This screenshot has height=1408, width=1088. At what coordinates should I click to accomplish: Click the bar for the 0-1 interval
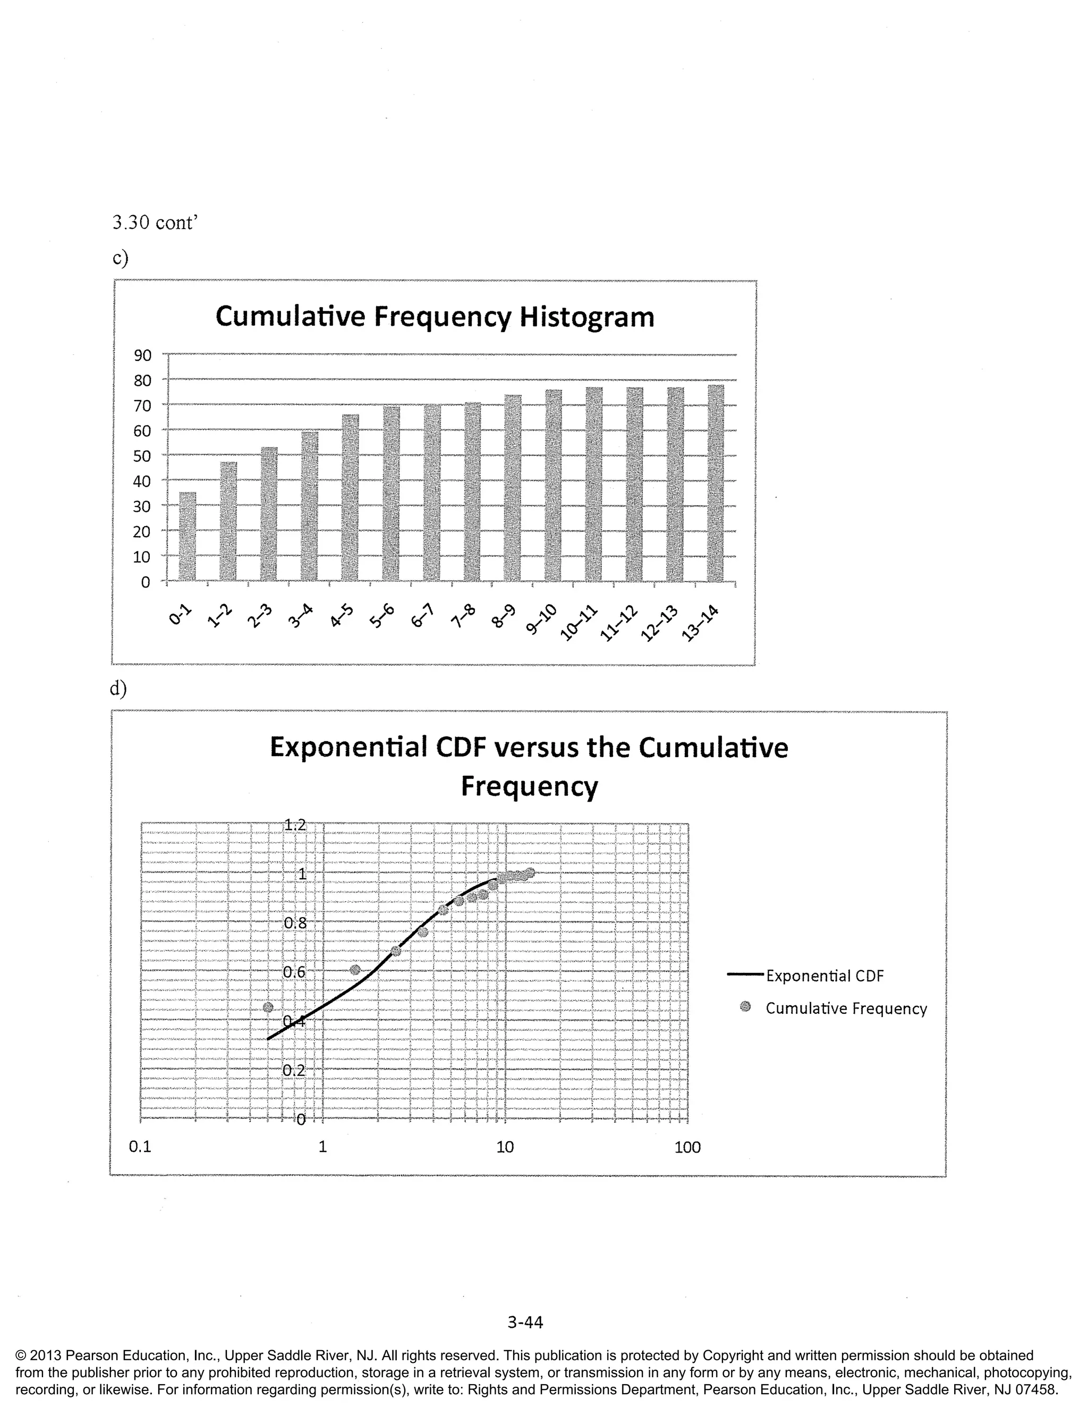point(187,537)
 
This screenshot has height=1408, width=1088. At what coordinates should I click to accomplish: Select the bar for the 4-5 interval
point(350,498)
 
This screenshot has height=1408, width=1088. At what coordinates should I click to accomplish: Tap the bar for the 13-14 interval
point(716,483)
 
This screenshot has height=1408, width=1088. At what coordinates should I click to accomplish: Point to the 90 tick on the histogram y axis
point(142,355)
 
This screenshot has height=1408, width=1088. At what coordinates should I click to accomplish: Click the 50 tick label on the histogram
point(142,456)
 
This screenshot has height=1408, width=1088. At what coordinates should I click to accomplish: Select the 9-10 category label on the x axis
point(541,621)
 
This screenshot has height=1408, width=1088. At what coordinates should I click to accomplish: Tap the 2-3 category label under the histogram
point(261,617)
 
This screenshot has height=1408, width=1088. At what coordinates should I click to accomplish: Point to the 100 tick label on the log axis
point(687,1148)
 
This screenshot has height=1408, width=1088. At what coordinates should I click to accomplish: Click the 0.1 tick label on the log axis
point(140,1147)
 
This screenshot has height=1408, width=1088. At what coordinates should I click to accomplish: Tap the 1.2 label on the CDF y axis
point(295,824)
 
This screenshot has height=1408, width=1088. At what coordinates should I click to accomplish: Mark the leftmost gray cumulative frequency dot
point(268,1007)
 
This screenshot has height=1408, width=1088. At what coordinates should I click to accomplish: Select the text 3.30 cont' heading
point(154,223)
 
